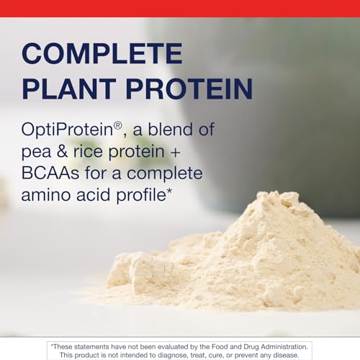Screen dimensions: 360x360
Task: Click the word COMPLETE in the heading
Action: [102, 53]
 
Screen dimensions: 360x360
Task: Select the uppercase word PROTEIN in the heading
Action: [189, 89]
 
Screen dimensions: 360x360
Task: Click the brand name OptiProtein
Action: [67, 130]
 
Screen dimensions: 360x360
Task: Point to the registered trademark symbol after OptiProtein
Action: [118, 125]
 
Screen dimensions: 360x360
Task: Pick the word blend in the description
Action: [170, 130]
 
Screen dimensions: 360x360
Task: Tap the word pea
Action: [36, 153]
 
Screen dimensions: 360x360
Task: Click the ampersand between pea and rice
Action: [62, 151]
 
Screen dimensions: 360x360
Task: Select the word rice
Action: [88, 151]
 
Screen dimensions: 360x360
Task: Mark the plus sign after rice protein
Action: [175, 153]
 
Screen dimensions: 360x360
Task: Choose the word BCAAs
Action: [50, 173]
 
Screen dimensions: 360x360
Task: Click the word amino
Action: [46, 195]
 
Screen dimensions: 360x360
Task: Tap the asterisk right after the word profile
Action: [169, 192]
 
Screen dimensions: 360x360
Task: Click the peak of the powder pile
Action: [276, 192]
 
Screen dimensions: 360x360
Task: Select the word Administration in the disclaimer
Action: [284, 347]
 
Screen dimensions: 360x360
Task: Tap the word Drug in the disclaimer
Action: [251, 347]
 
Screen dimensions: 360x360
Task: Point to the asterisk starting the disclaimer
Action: [52, 346]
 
